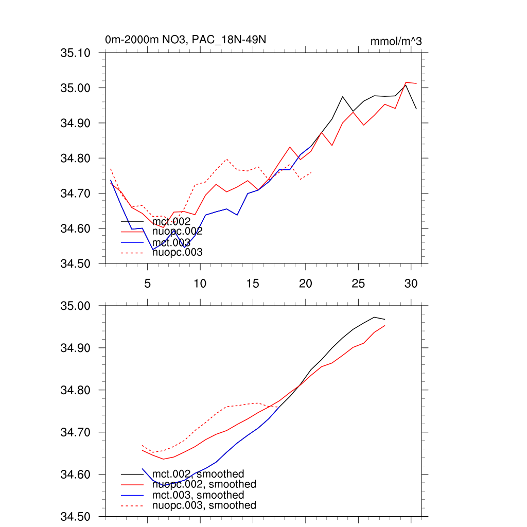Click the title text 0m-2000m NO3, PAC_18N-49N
185,40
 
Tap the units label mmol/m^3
396,41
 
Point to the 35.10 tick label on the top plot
76,52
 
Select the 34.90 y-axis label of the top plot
76,123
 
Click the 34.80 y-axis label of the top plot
76,158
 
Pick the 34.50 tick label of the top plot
76,263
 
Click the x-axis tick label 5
147,283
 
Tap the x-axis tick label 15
253,283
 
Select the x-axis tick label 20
306,283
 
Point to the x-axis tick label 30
411,283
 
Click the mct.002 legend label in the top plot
175,221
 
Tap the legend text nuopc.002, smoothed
204,484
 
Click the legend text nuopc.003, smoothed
204,505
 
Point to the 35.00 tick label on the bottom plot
76,306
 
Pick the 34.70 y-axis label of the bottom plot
76,432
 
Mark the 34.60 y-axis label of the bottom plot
76,475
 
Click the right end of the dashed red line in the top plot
311,172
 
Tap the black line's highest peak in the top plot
406,85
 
